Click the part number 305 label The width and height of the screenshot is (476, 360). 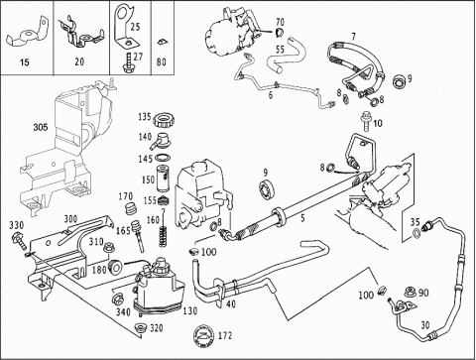pyautogui.click(x=41, y=127)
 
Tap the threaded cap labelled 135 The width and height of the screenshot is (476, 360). pyautogui.click(x=165, y=120)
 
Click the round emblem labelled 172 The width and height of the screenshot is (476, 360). pyautogui.click(x=204, y=336)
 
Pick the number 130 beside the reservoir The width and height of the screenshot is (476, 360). pyautogui.click(x=190, y=311)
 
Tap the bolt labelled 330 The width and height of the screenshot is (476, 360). pyautogui.click(x=20, y=242)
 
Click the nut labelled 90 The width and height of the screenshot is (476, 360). pyautogui.click(x=410, y=293)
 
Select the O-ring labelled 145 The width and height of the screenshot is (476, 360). pyautogui.click(x=163, y=157)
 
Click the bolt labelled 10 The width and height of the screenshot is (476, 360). pyautogui.click(x=366, y=121)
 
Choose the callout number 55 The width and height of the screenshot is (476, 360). pyautogui.click(x=280, y=50)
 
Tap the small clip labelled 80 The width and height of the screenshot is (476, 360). pyautogui.click(x=162, y=41)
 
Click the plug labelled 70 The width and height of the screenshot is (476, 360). pyautogui.click(x=280, y=33)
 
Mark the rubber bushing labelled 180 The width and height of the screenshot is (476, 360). pyautogui.click(x=115, y=267)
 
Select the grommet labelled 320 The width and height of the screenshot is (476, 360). pyautogui.click(x=141, y=328)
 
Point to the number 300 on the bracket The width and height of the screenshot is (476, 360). pyautogui.click(x=70, y=219)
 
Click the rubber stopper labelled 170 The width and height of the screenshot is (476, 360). pyautogui.click(x=131, y=208)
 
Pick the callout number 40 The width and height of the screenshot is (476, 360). pyautogui.click(x=231, y=303)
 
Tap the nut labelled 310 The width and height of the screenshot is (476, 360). pyautogui.click(x=109, y=248)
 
